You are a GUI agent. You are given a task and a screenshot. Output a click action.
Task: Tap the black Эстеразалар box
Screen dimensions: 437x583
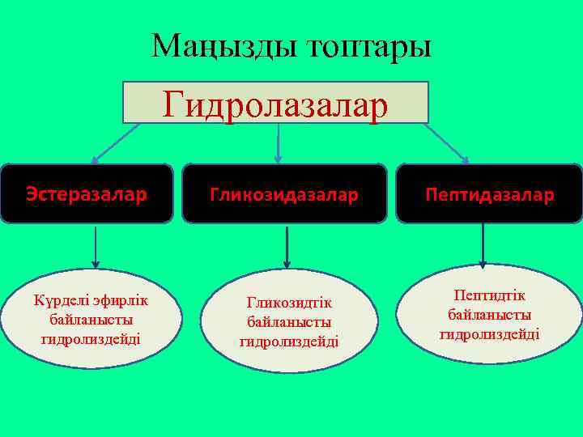[86, 194]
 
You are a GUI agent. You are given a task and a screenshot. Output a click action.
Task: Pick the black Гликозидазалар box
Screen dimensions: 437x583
[284, 194]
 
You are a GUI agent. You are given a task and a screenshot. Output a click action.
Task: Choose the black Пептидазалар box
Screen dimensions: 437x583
[489, 194]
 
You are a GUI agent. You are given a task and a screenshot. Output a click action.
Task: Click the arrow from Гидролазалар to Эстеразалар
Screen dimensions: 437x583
[113, 142]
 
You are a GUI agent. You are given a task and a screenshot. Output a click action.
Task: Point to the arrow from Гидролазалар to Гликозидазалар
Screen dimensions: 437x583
[279, 142]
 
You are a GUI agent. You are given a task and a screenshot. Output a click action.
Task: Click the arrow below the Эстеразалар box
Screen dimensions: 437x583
[96, 246]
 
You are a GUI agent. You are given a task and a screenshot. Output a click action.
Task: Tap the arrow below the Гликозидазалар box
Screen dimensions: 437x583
[286, 246]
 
